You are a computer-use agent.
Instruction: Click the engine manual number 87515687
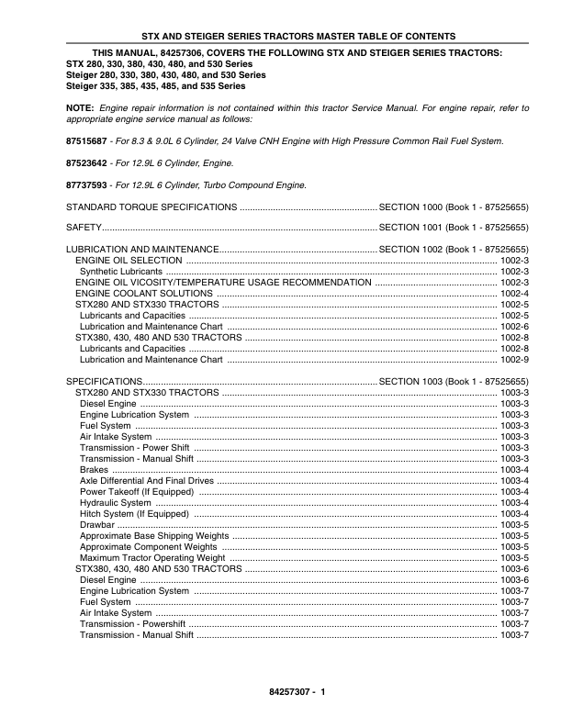point(89,142)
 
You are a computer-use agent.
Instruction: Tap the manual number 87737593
point(89,185)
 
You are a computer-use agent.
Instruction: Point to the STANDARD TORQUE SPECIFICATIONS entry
point(151,207)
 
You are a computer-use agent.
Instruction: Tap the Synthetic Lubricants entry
point(121,272)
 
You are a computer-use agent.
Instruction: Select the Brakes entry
point(94,469)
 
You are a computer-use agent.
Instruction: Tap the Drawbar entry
point(97,524)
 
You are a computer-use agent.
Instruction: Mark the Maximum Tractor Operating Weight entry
point(152,557)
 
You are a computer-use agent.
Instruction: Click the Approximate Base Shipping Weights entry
point(154,535)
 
